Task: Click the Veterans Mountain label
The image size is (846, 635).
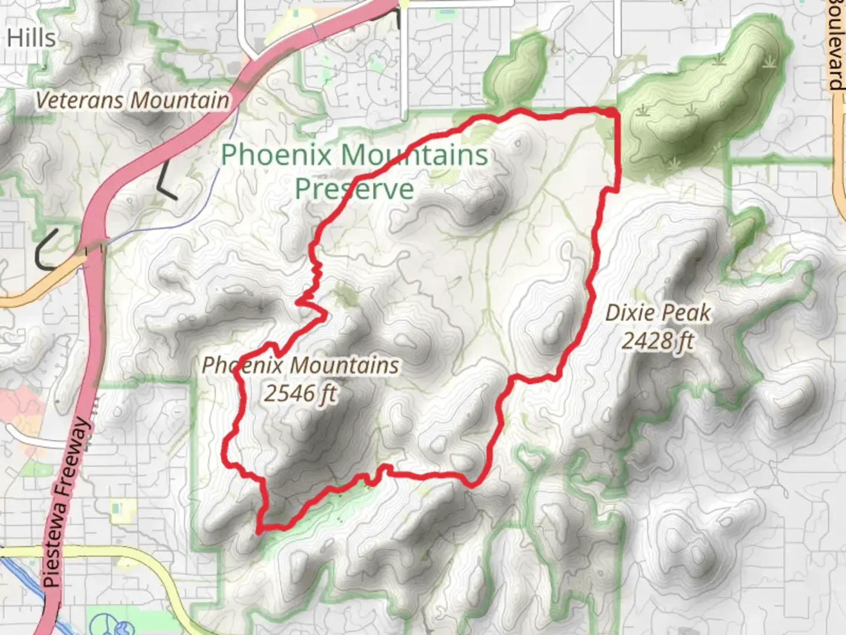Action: click(132, 101)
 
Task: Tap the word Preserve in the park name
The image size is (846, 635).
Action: click(354, 189)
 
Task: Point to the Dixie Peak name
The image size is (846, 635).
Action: click(657, 313)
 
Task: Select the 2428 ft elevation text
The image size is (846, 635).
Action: click(657, 340)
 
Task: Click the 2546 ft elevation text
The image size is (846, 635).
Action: click(300, 393)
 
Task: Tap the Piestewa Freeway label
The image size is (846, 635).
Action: click(66, 503)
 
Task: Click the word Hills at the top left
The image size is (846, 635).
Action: click(31, 38)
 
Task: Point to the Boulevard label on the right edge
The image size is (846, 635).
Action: click(836, 44)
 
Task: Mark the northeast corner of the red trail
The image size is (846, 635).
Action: click(615, 112)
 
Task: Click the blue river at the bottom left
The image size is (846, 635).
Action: click(23, 579)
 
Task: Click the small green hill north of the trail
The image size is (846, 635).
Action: click(517, 68)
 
